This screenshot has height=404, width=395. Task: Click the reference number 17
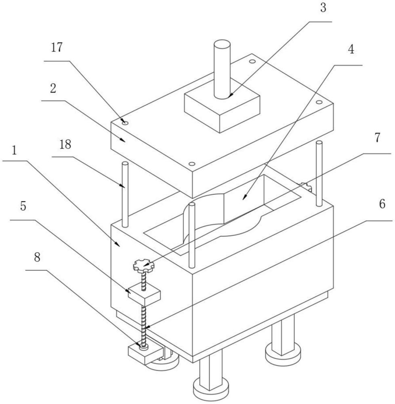(x=57, y=47)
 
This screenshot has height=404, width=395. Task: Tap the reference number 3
(x=323, y=7)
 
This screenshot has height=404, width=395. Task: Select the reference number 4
(x=351, y=49)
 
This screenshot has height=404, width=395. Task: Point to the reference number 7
(x=377, y=138)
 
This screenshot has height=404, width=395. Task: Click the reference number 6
(x=382, y=204)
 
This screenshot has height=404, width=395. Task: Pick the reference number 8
(x=37, y=257)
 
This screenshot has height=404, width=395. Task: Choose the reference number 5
(x=23, y=206)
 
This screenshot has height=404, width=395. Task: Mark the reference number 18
(x=65, y=145)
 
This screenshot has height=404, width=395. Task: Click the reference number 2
(x=53, y=88)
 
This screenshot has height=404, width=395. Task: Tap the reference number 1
(x=15, y=150)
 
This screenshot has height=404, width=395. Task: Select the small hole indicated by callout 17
(x=125, y=123)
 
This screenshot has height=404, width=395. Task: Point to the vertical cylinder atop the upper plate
(x=222, y=69)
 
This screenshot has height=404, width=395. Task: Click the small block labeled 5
(x=145, y=293)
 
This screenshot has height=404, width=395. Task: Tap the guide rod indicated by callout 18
(x=125, y=194)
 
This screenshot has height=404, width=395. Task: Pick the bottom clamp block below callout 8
(x=146, y=354)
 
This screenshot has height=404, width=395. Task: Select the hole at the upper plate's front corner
(x=192, y=164)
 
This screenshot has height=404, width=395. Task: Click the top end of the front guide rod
(x=192, y=204)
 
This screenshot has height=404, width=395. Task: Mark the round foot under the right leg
(x=283, y=353)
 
